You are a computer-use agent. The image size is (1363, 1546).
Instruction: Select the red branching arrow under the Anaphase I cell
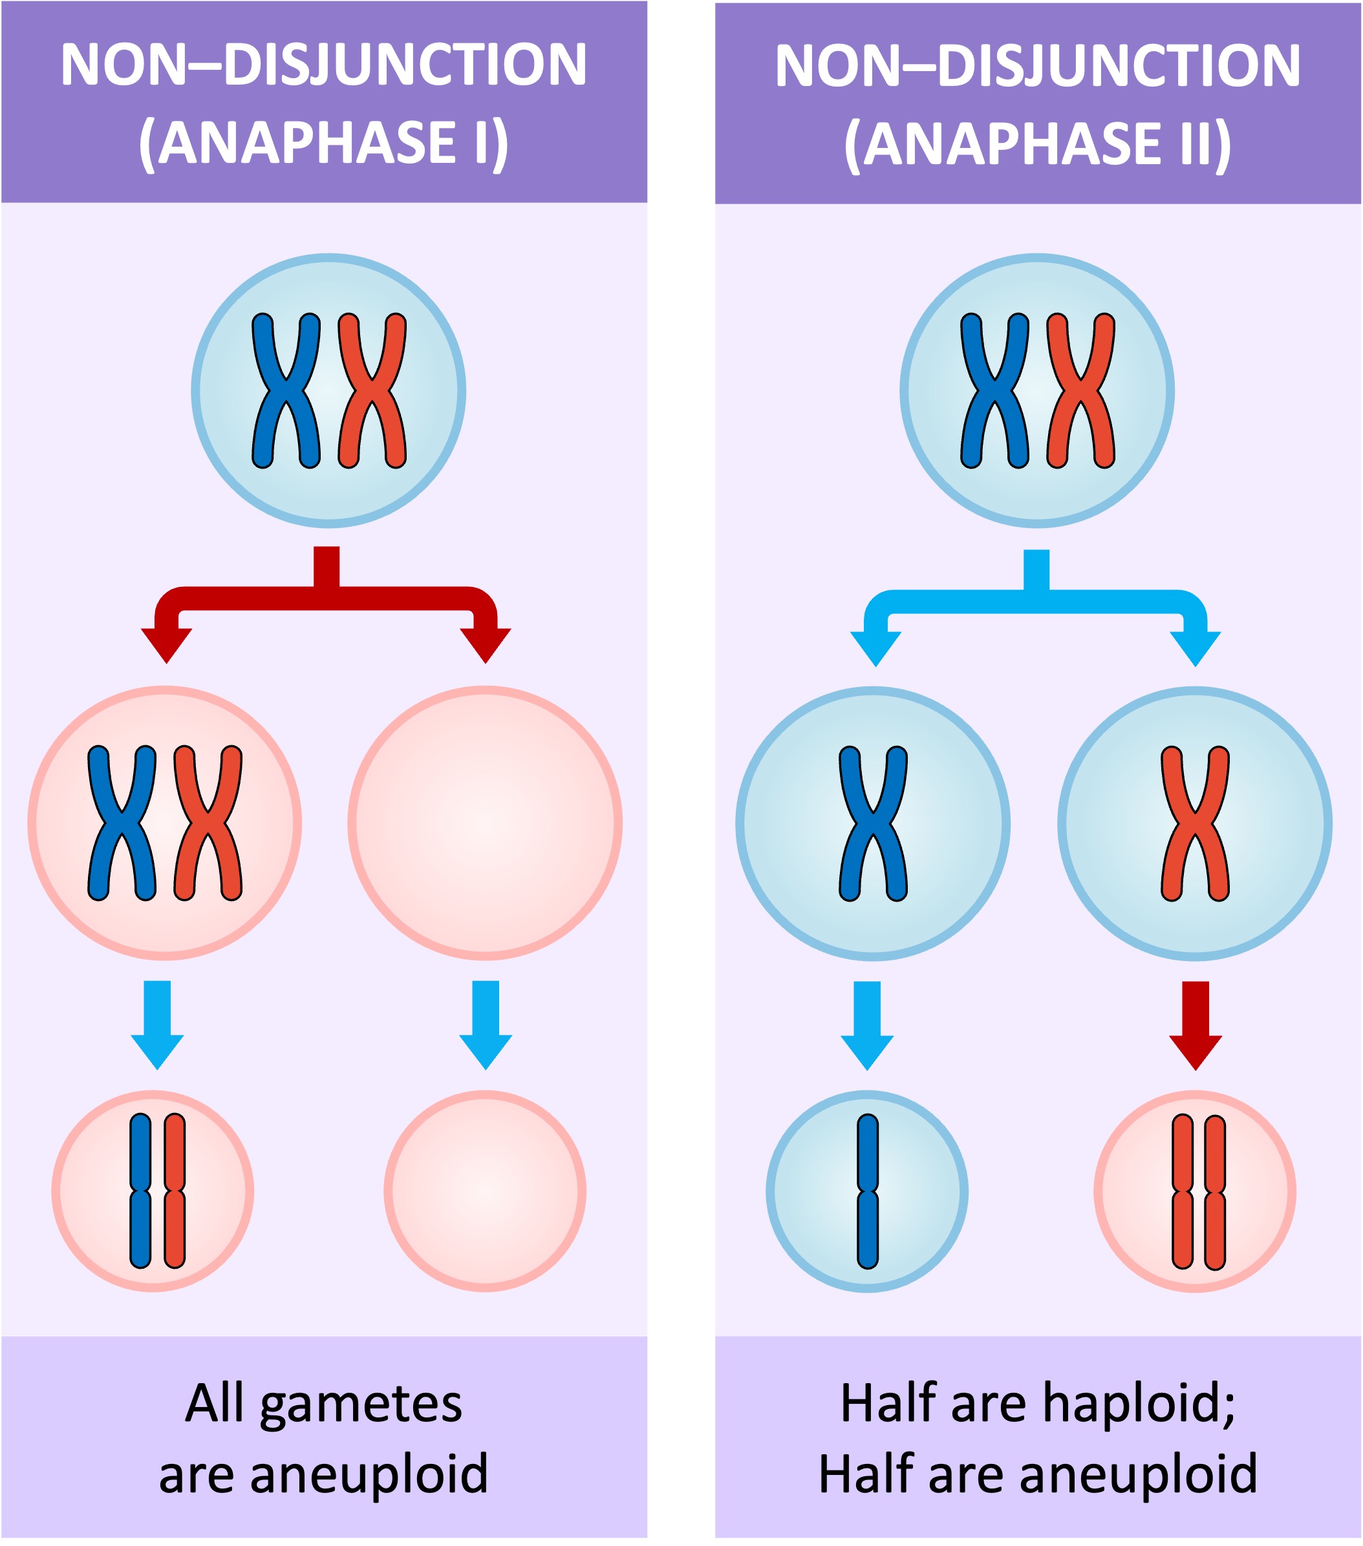pos(326,598)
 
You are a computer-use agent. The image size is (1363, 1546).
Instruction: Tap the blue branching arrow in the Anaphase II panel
pos(1035,600)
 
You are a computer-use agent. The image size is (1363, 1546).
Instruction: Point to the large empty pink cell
pos(485,823)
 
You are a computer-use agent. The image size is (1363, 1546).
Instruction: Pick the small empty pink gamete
pos(484,1191)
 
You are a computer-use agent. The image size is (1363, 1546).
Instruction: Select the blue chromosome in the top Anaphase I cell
pos(285,390)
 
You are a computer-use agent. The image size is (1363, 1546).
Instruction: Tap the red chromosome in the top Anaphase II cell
pos(1080,390)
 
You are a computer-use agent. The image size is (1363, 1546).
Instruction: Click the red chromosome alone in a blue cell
pos(1195,823)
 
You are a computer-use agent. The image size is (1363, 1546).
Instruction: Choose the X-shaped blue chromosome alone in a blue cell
pos(873,823)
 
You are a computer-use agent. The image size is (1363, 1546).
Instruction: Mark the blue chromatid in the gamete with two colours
pos(141,1191)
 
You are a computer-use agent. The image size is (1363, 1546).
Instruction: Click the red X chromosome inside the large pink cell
pos(208,823)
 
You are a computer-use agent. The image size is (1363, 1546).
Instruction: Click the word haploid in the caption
pos(1141,1404)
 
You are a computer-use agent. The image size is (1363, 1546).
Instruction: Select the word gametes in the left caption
pos(360,1405)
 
